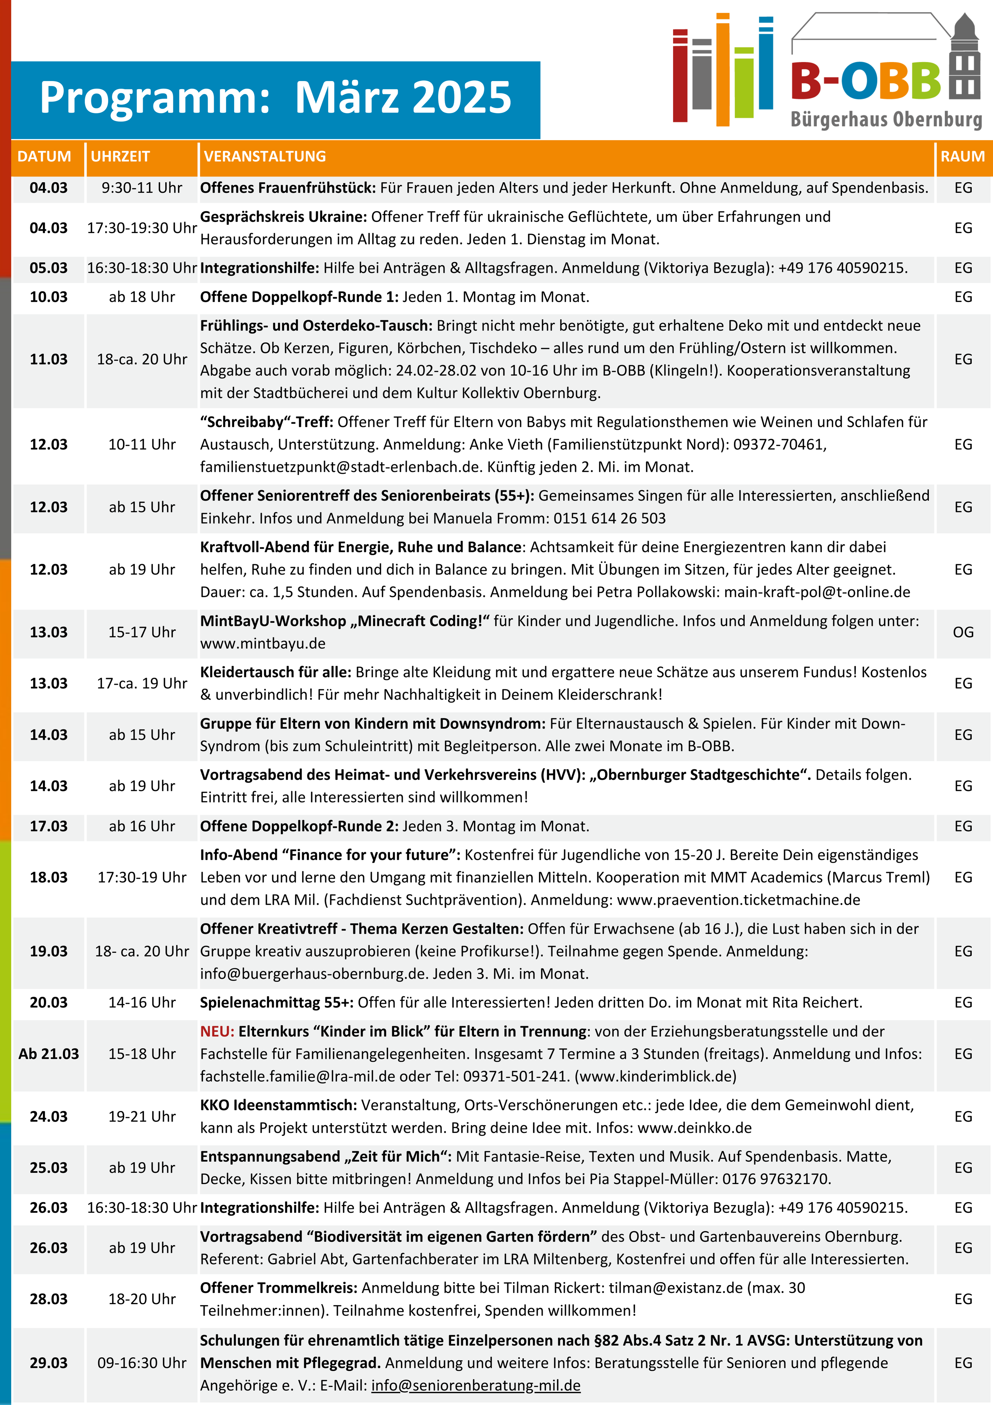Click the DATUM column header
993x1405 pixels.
tap(44, 157)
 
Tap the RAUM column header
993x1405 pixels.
tap(963, 157)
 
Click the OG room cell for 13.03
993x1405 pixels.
tap(963, 632)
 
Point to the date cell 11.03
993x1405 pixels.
tap(49, 359)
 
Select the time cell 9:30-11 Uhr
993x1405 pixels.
tap(142, 188)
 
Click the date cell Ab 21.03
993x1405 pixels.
tap(49, 1054)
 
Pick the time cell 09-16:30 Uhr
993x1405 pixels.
tap(142, 1363)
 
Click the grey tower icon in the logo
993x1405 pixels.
tap(964, 58)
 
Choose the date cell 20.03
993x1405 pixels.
tap(49, 1002)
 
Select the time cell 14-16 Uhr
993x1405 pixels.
tap(142, 1002)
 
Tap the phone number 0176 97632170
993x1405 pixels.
tap(775, 1179)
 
